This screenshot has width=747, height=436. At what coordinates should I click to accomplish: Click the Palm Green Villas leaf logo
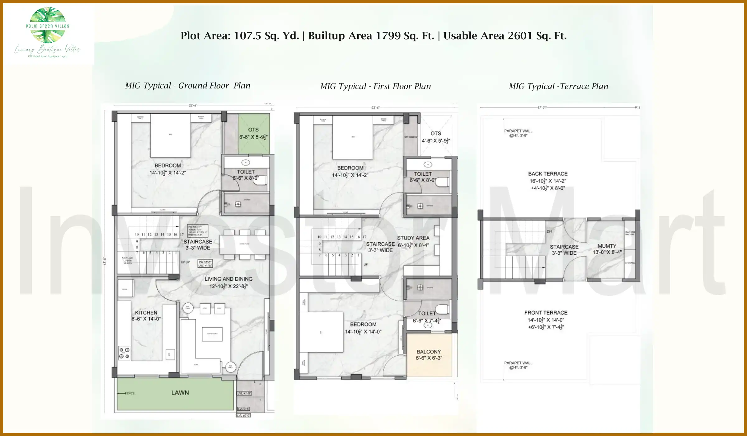click(48, 25)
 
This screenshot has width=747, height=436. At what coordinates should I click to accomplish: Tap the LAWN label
click(180, 393)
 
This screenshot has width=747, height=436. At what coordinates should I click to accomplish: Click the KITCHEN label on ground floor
click(146, 313)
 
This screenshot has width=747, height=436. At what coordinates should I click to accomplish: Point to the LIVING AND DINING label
click(228, 279)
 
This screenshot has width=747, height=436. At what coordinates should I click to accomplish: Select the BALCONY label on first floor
click(429, 352)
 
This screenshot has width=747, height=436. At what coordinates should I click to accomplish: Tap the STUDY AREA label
click(413, 238)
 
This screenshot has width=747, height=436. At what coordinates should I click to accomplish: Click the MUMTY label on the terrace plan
click(607, 246)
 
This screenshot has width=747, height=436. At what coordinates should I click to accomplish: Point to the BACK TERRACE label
click(547, 174)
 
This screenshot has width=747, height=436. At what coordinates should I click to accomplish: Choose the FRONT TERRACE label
click(546, 313)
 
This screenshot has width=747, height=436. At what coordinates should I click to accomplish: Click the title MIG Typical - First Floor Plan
click(375, 86)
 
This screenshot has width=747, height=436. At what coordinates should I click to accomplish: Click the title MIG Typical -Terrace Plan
click(558, 86)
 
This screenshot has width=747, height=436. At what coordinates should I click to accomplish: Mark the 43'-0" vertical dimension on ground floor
click(105, 261)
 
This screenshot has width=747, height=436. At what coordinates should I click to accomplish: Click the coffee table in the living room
click(212, 334)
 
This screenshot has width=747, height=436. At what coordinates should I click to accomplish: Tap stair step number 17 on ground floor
click(182, 235)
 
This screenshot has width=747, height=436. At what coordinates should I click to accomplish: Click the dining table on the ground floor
click(244, 244)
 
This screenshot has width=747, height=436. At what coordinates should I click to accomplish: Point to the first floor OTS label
click(435, 133)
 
